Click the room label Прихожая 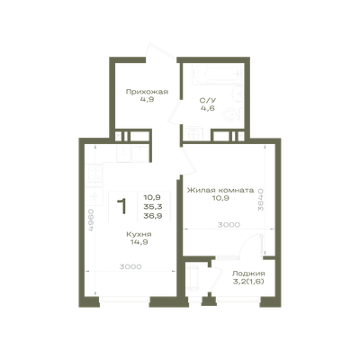coord(147,92)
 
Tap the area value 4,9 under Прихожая coord(147,100)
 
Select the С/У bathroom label coord(208,101)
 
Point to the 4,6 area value coord(208,108)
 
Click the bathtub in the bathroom coord(218,75)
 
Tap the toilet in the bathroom coord(231,114)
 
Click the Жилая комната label coord(220,190)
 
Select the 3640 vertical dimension coord(261,200)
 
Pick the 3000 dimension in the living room coord(229,225)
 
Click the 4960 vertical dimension coord(91,220)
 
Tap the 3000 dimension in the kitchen coord(130,266)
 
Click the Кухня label coord(139,234)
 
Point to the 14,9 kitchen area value coord(139,242)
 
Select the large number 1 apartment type coord(122,206)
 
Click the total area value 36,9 coord(153,216)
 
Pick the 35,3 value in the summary coord(153,207)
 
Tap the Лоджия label coord(248,274)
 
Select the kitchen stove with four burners coord(94,173)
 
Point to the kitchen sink coord(124,154)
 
